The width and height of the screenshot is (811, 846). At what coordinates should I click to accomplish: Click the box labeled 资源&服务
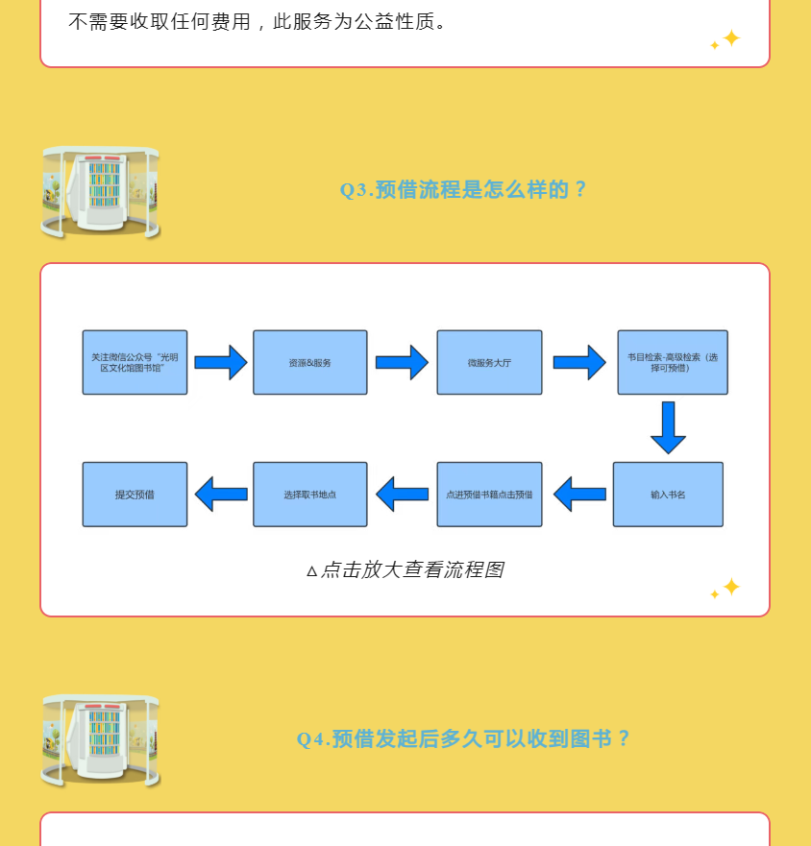coord(309,363)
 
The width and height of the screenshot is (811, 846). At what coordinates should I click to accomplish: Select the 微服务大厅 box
coord(489,363)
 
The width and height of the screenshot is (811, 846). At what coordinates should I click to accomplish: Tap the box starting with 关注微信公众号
coord(135,363)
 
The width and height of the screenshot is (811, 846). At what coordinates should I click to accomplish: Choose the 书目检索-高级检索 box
coord(672,363)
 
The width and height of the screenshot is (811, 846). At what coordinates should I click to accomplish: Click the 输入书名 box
coord(668,495)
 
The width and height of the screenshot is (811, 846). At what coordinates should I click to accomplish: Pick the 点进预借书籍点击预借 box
coord(489,495)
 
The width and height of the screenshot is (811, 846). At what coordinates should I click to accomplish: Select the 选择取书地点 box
coord(309,495)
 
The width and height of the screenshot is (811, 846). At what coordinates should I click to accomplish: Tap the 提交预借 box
coord(135,495)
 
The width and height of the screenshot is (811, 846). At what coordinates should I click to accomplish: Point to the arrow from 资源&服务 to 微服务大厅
coord(402,363)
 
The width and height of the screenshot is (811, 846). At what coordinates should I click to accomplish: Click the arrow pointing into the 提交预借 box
coord(221,495)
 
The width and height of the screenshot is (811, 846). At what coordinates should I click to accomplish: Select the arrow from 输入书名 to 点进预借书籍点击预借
coord(580,495)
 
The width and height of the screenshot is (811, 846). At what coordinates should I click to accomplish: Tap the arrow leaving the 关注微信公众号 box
coord(221,363)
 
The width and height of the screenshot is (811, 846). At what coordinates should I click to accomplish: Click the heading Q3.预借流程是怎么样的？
coord(463,190)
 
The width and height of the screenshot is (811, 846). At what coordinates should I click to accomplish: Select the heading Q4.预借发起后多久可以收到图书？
coord(463,738)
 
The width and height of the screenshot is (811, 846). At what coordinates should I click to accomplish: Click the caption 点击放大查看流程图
coord(405,570)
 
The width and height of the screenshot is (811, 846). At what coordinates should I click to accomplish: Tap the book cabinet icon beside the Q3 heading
coord(101,192)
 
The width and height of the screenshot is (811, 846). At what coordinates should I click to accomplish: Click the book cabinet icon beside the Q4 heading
coord(101,740)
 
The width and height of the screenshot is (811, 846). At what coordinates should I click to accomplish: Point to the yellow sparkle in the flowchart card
coord(726,588)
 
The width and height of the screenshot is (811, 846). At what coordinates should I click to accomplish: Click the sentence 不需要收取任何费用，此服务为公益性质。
coord(258,21)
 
